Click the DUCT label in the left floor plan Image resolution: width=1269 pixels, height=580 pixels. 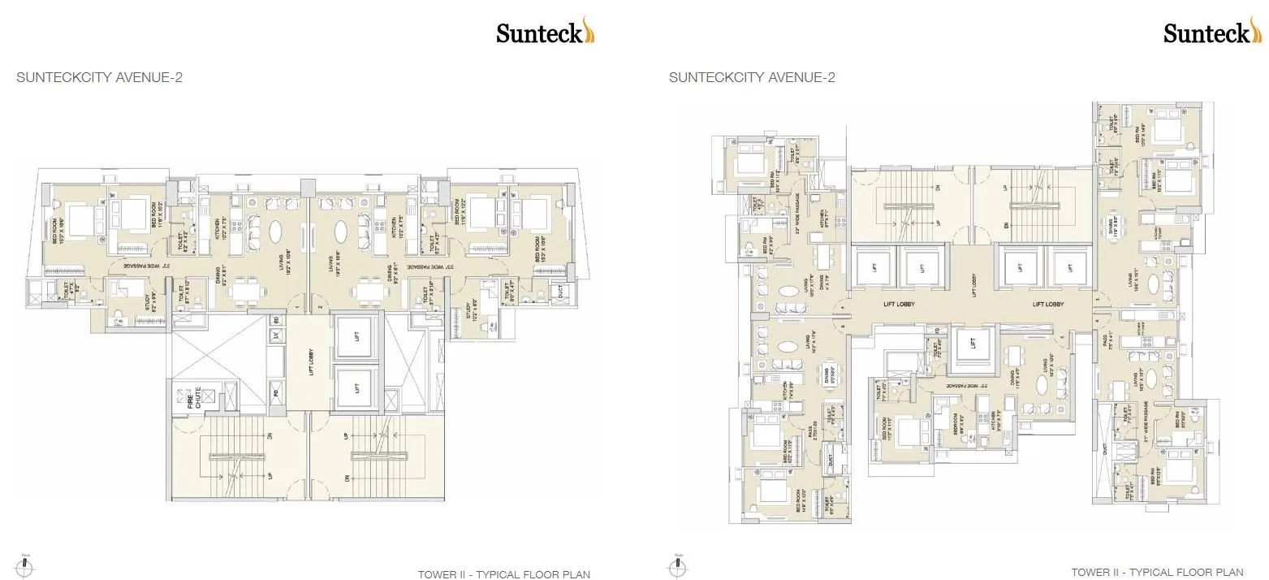pyautogui.click(x=557, y=289)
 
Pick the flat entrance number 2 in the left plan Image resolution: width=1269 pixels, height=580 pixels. pyautogui.click(x=321, y=306)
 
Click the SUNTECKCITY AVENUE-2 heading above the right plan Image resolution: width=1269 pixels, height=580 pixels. pyautogui.click(x=752, y=78)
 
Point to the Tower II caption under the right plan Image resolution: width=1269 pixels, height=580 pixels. pyautogui.click(x=1157, y=573)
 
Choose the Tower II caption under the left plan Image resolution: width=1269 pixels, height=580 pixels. pyautogui.click(x=503, y=574)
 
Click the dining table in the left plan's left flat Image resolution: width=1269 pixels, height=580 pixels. pyautogui.click(x=243, y=290)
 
